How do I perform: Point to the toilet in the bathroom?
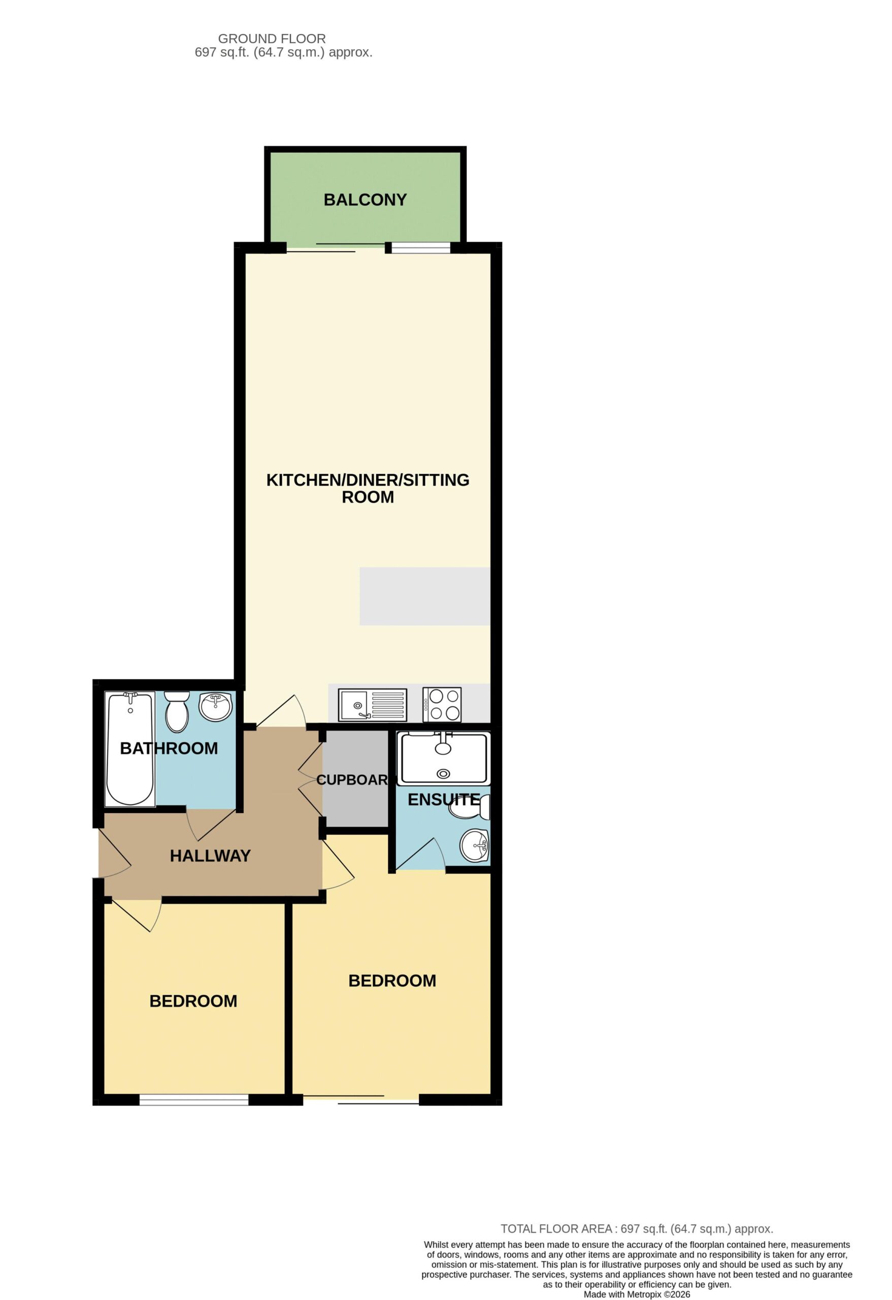point(177,711)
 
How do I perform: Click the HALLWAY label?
point(210,855)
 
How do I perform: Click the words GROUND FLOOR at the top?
point(272,39)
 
